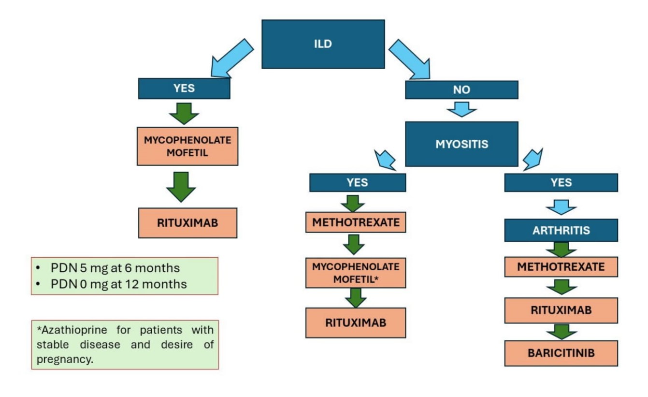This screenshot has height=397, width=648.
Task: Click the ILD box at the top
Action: [x=323, y=44]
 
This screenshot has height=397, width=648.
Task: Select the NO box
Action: [x=461, y=90]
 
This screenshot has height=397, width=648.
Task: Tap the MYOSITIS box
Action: [x=461, y=144]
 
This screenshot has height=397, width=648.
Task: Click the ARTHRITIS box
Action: [x=561, y=230]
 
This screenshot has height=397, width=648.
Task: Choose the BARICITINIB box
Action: [x=561, y=353]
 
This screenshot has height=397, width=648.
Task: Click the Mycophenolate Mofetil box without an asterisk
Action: [x=187, y=146]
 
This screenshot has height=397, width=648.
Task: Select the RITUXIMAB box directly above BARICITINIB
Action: [x=561, y=310]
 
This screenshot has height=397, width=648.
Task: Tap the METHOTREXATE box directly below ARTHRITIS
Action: [x=561, y=267]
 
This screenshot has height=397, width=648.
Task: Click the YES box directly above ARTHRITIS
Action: [x=561, y=182]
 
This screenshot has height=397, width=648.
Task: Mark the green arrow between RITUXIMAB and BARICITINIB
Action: [x=561, y=332]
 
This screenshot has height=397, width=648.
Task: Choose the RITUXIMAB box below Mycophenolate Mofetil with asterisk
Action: [x=355, y=323]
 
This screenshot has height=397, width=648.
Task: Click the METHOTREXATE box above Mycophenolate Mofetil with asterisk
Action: [x=355, y=222]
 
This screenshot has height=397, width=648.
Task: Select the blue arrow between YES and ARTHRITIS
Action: [x=561, y=207]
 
